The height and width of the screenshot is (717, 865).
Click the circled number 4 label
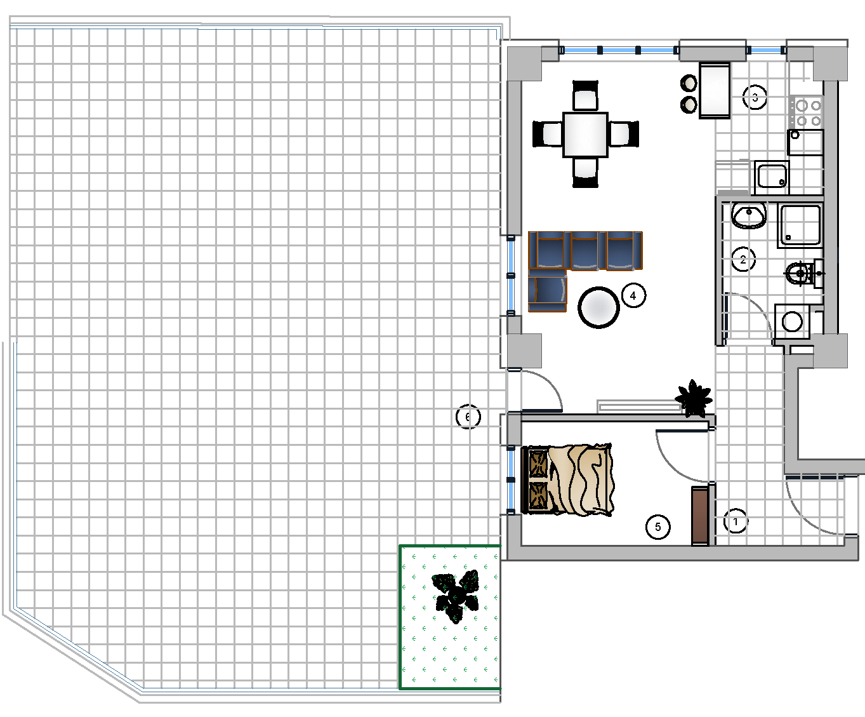(x=633, y=296)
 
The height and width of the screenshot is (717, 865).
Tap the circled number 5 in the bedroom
(x=658, y=527)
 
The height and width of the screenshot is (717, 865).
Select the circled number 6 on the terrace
(x=468, y=417)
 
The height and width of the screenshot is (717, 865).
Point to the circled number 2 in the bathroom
(x=743, y=260)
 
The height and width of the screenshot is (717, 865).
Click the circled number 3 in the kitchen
(x=755, y=97)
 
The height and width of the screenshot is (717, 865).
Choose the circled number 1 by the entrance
(x=736, y=521)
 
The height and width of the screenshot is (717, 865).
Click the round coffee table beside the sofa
(x=598, y=307)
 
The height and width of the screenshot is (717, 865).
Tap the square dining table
(x=585, y=135)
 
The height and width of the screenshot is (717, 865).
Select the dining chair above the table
(x=585, y=96)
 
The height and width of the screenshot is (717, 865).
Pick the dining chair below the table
(x=585, y=173)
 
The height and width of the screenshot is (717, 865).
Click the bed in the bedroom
(x=567, y=479)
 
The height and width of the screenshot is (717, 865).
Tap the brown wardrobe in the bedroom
(x=700, y=516)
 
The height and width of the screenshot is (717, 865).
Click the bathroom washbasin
(x=749, y=215)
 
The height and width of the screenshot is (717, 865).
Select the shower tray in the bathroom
(x=800, y=225)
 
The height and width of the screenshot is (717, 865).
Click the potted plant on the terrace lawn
(x=456, y=596)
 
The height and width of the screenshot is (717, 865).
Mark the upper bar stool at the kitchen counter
(x=689, y=83)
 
